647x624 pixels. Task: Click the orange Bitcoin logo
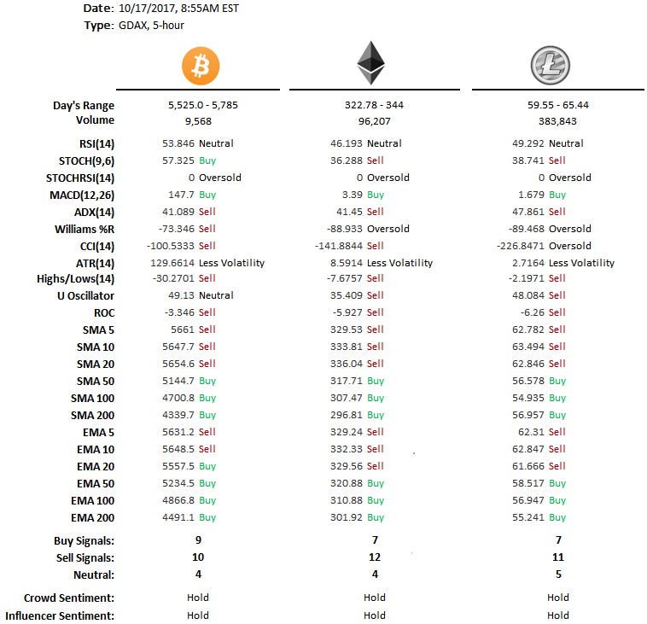click(201, 65)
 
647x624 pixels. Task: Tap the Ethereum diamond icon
click(370, 62)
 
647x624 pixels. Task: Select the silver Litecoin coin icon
click(550, 65)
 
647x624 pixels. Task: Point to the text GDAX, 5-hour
click(151, 25)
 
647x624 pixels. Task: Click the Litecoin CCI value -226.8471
click(518, 246)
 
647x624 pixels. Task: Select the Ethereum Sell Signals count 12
click(375, 557)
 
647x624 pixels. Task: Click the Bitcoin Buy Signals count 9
click(198, 540)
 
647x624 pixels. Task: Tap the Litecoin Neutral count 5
click(558, 574)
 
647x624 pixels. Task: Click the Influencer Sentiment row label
click(60, 615)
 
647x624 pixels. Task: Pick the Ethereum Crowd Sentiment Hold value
click(375, 598)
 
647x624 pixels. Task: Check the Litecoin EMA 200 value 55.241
click(526, 517)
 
